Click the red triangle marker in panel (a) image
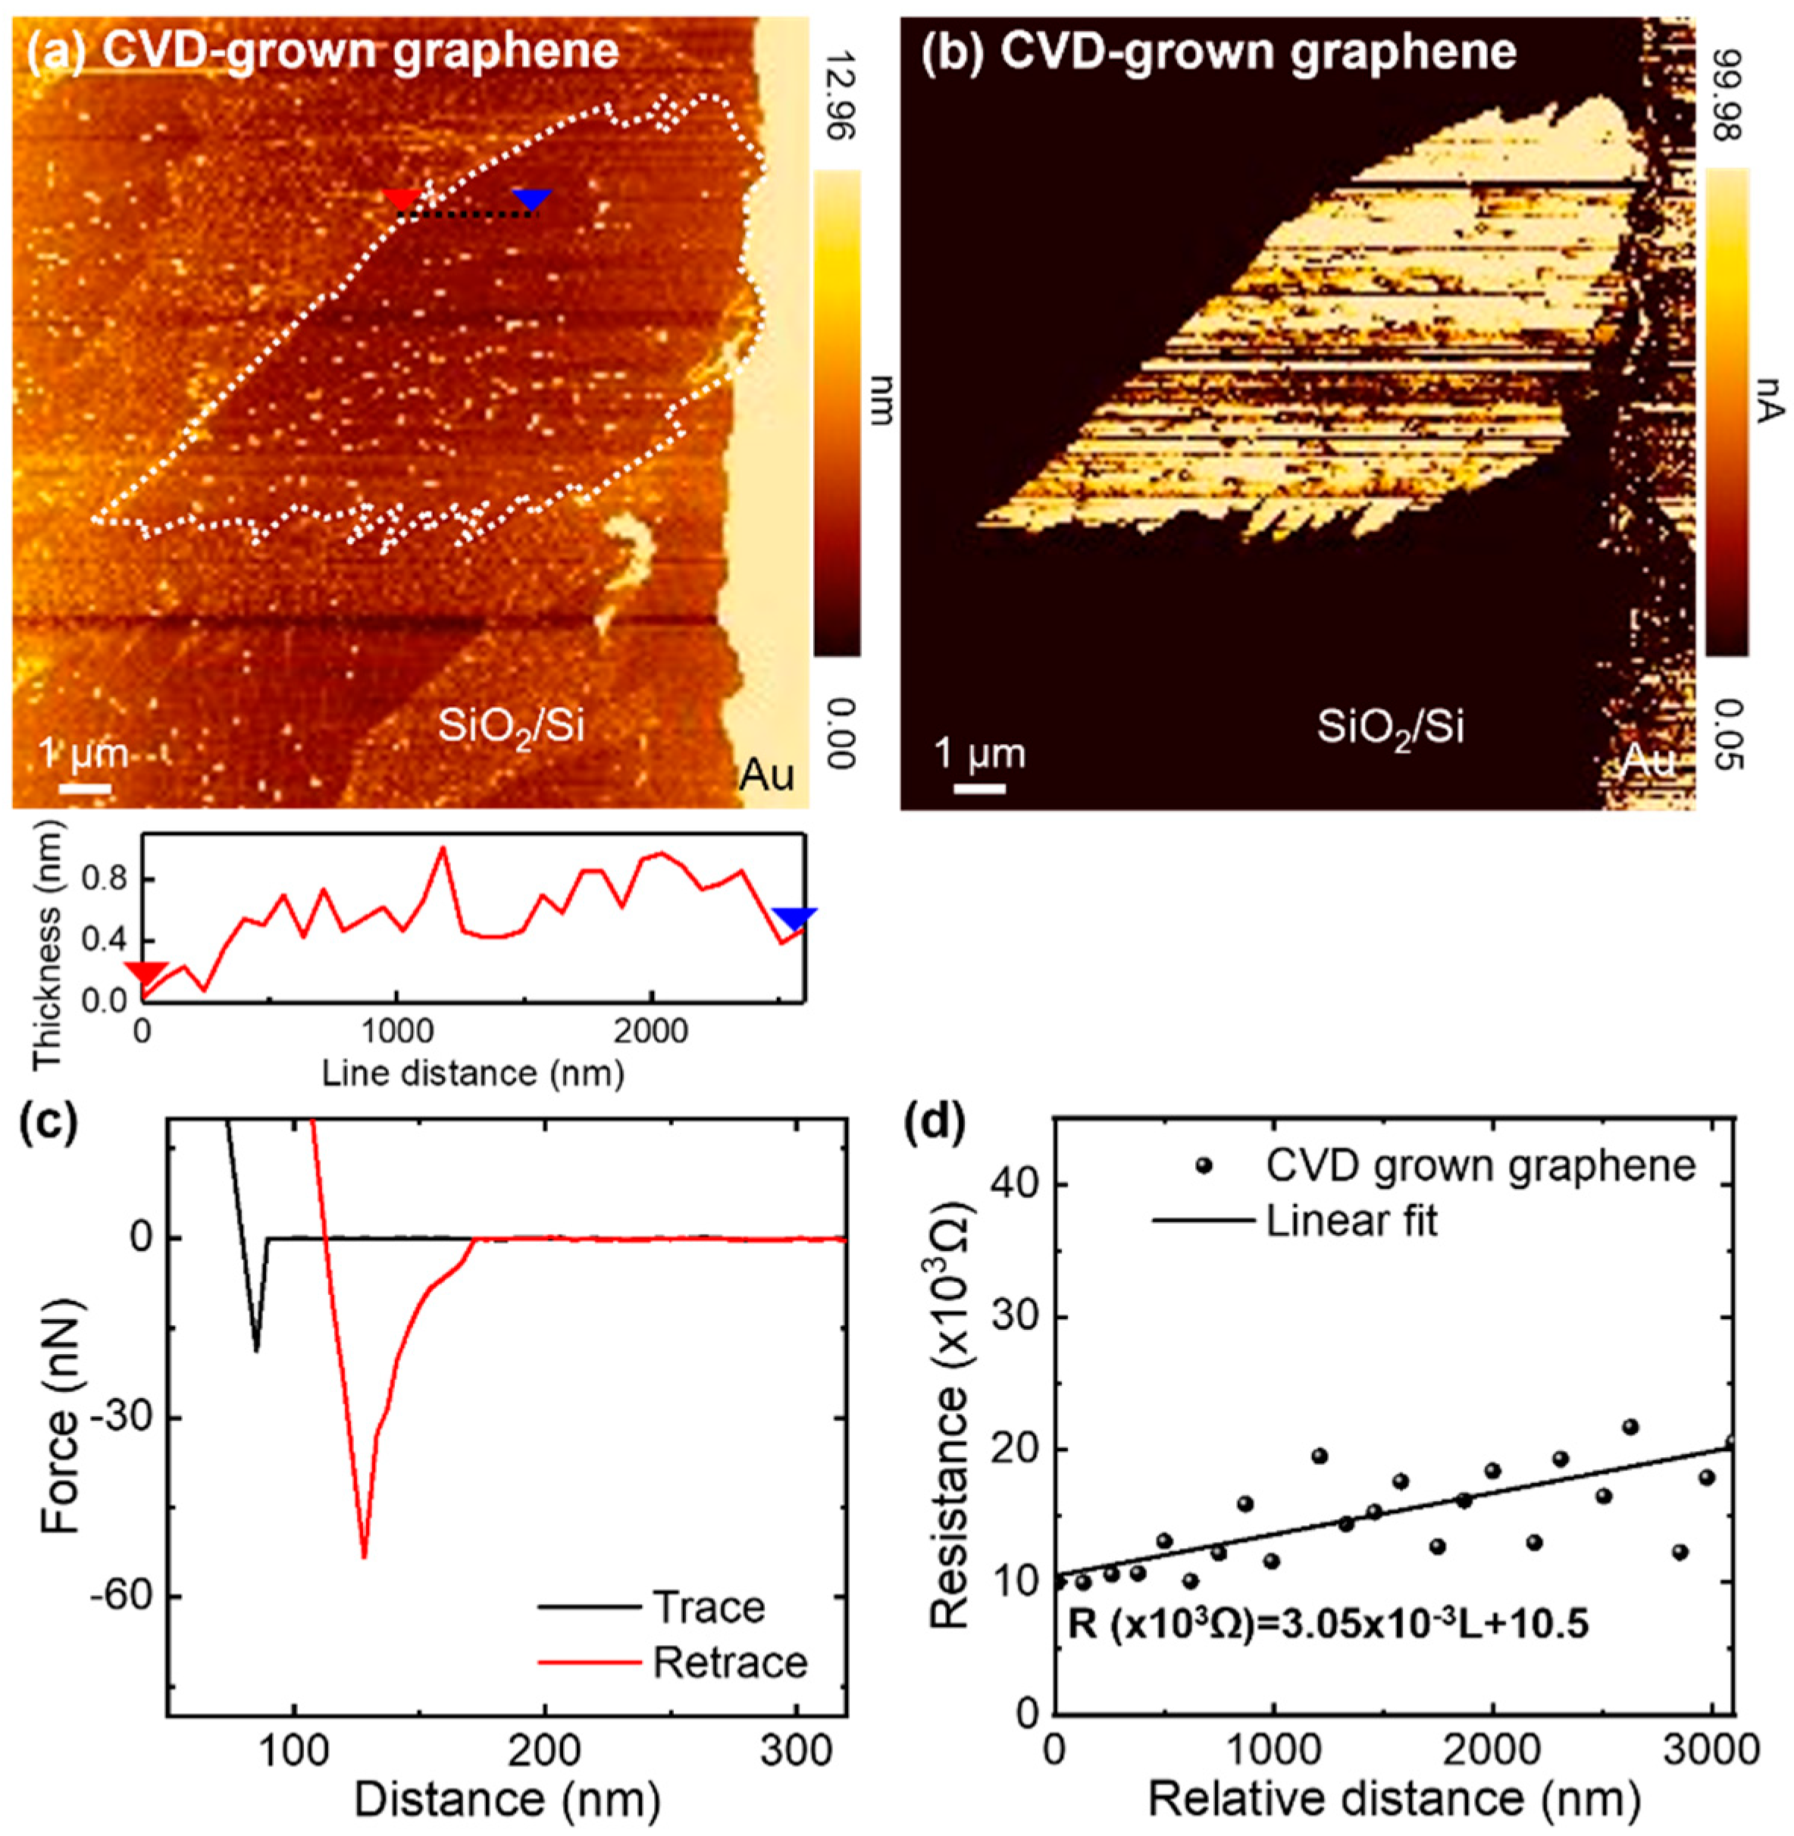pyautogui.click(x=403, y=199)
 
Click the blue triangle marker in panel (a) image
pyautogui.click(x=532, y=199)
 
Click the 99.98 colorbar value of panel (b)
pyautogui.click(x=1726, y=82)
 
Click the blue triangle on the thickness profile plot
pyautogui.click(x=794, y=918)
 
